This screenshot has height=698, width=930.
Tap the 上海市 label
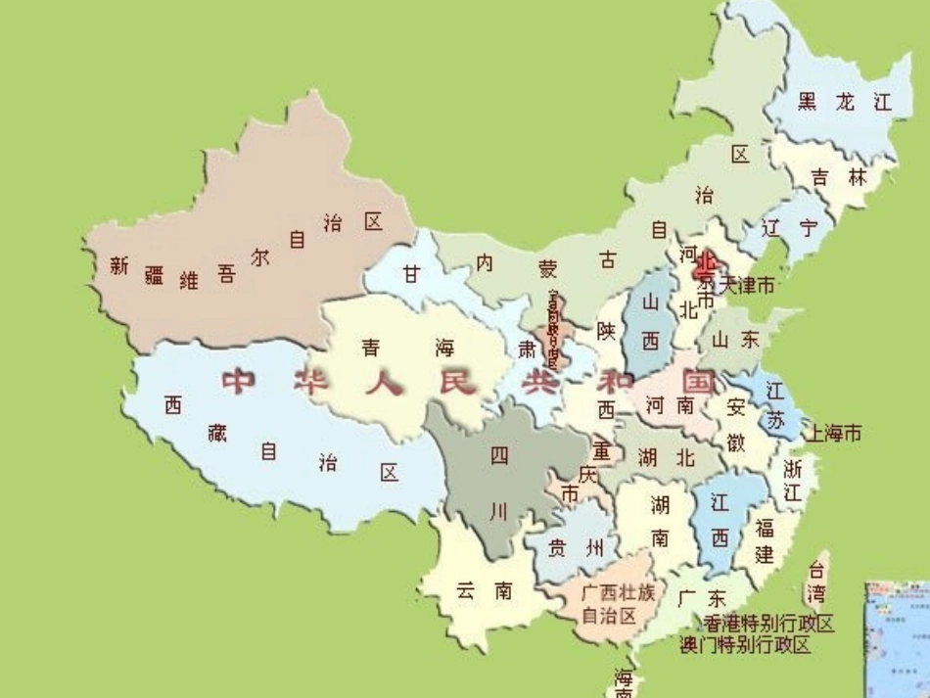click(832, 432)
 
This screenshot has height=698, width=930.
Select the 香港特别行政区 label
click(768, 624)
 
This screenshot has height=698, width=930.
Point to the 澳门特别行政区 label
click(745, 644)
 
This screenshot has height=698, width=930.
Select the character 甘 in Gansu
click(411, 274)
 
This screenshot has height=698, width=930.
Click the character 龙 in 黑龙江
click(845, 101)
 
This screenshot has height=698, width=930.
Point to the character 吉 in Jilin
click(820, 177)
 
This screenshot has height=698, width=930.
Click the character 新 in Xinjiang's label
click(119, 264)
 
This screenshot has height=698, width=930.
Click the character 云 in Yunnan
click(465, 590)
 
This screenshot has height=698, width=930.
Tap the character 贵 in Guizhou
click(556, 548)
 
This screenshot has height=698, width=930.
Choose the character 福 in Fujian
click(765, 529)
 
